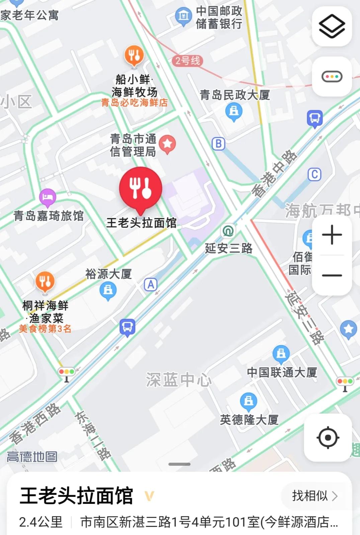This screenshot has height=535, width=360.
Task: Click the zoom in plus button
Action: [x=332, y=235]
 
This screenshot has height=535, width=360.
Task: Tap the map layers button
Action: [x=332, y=26]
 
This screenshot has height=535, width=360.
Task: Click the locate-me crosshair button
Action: [x=328, y=437]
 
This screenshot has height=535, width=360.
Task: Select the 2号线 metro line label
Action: [x=188, y=61]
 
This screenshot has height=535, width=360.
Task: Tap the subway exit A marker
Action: [x=151, y=285]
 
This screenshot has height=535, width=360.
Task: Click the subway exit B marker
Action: [x=218, y=144]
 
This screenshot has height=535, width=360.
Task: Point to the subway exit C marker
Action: [x=314, y=174]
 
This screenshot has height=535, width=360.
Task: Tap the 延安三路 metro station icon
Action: [x=228, y=231]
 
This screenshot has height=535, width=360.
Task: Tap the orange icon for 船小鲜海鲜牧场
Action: [x=134, y=55]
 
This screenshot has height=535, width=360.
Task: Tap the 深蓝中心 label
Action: [x=179, y=380]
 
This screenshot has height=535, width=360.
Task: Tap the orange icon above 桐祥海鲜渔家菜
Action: [x=45, y=281]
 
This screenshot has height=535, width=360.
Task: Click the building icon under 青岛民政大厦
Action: [x=234, y=111]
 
